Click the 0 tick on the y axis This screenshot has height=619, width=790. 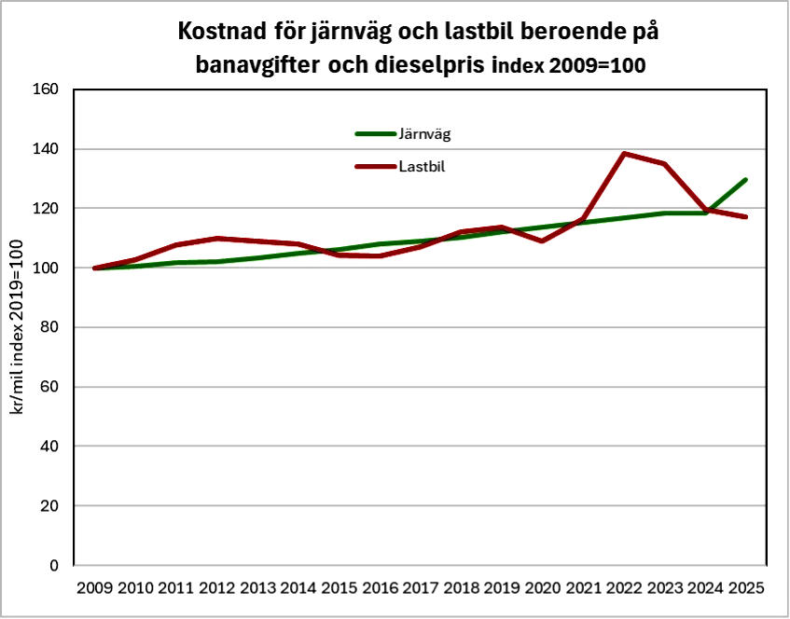pyautogui.click(x=54, y=565)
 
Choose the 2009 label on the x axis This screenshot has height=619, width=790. pyautogui.click(x=94, y=588)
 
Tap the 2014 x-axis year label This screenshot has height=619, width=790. pyautogui.click(x=298, y=588)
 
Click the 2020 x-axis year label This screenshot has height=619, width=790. pyautogui.click(x=542, y=588)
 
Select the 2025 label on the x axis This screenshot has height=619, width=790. pyautogui.click(x=746, y=588)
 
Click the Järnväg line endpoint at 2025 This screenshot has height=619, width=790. pyautogui.click(x=746, y=179)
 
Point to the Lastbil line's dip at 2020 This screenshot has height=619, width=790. pyautogui.click(x=542, y=241)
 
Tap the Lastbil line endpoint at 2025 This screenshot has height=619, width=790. pyautogui.click(x=746, y=217)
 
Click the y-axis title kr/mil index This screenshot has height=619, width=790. pyautogui.click(x=16, y=326)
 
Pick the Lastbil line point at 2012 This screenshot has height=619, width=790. pyautogui.click(x=216, y=239)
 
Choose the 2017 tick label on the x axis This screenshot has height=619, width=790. pyautogui.click(x=420, y=588)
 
